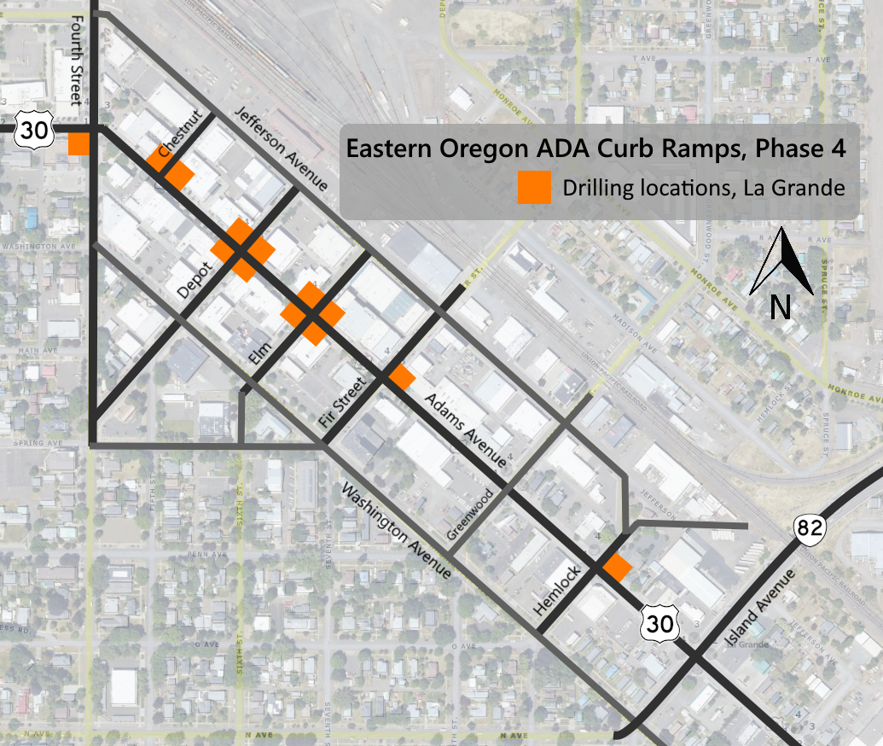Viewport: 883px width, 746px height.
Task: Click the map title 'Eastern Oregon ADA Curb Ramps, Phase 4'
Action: click(595, 148)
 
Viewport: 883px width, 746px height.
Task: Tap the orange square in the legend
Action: click(534, 189)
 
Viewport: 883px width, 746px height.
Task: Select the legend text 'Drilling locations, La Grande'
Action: click(703, 188)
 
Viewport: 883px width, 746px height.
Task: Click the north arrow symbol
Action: click(780, 274)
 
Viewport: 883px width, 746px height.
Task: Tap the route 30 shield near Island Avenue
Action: click(659, 624)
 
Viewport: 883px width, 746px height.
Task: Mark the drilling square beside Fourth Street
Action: click(79, 143)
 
